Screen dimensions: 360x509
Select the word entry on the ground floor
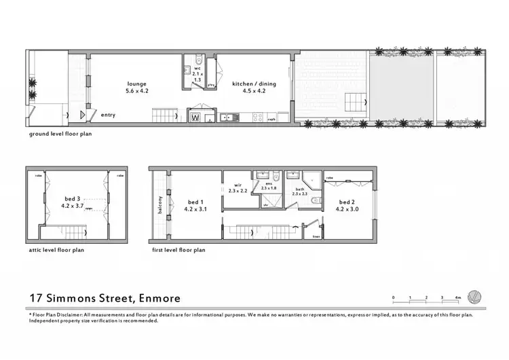(x=108, y=115)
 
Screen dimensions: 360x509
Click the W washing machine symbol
(x=195, y=116)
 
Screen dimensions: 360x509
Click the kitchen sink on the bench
(x=229, y=117)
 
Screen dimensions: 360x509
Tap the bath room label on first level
(x=299, y=190)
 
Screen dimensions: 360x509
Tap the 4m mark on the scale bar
(x=459, y=298)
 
